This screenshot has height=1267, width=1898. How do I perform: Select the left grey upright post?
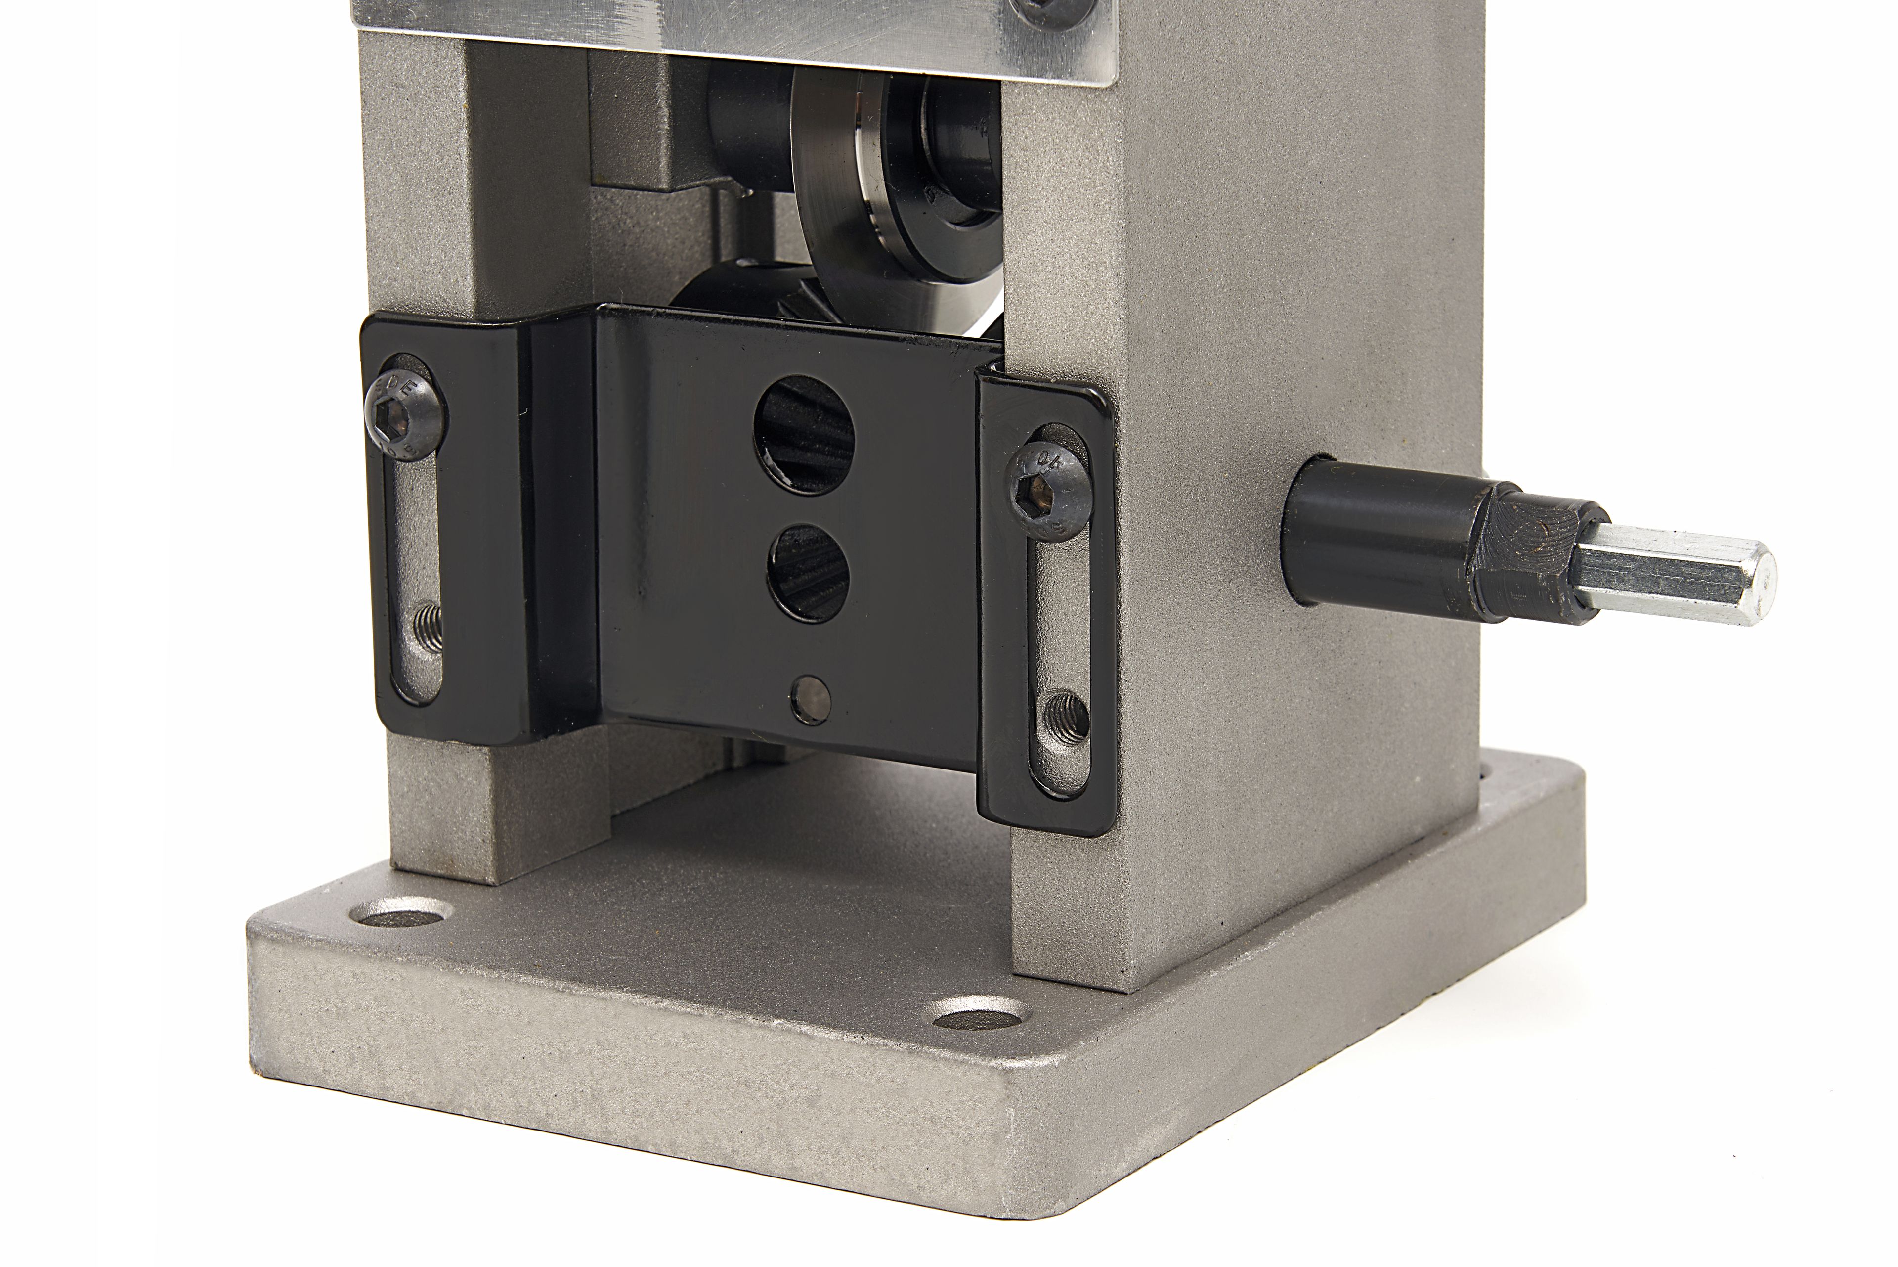point(420,202)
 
